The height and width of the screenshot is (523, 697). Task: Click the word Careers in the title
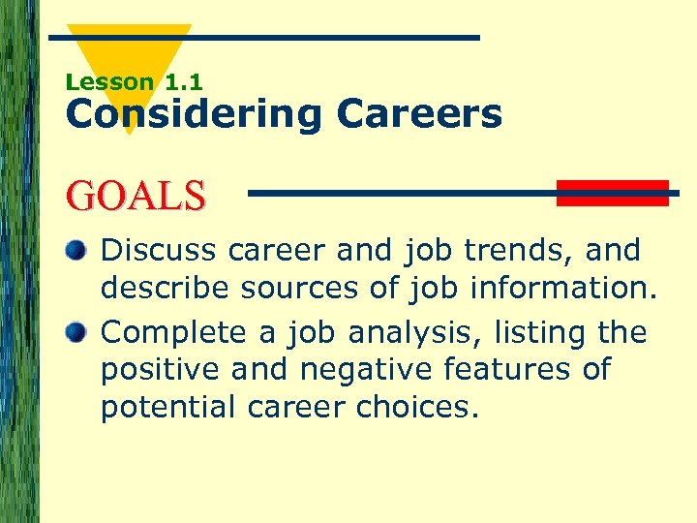(x=419, y=114)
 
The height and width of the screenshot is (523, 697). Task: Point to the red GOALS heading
(x=136, y=195)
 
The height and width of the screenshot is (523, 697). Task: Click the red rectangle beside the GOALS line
(x=612, y=193)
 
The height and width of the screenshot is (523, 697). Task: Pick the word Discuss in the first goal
(x=160, y=251)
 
